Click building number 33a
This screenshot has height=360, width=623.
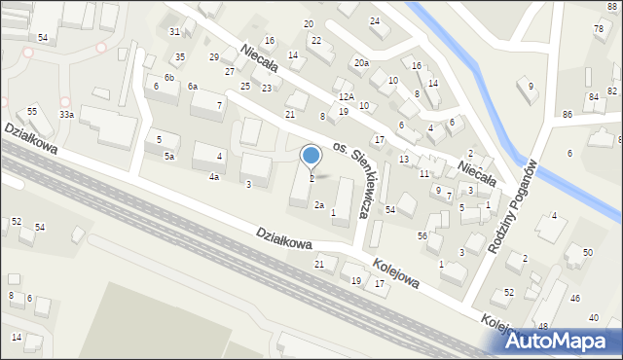[65, 114]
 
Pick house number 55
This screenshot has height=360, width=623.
[32, 112]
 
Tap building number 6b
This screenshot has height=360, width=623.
[168, 77]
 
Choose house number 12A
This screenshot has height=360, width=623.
[347, 97]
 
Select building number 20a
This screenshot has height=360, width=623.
[361, 63]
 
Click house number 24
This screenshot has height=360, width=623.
[375, 21]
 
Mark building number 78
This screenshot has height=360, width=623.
[598, 28]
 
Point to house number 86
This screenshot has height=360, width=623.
[567, 115]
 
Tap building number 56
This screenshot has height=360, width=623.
[421, 236]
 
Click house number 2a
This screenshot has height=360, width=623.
[318, 205]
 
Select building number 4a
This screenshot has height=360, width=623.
[213, 177]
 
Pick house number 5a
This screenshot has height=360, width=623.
[169, 157]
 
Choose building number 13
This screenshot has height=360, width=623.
[403, 159]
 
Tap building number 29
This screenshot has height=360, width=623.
[214, 57]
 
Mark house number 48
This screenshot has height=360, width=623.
[542, 326]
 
